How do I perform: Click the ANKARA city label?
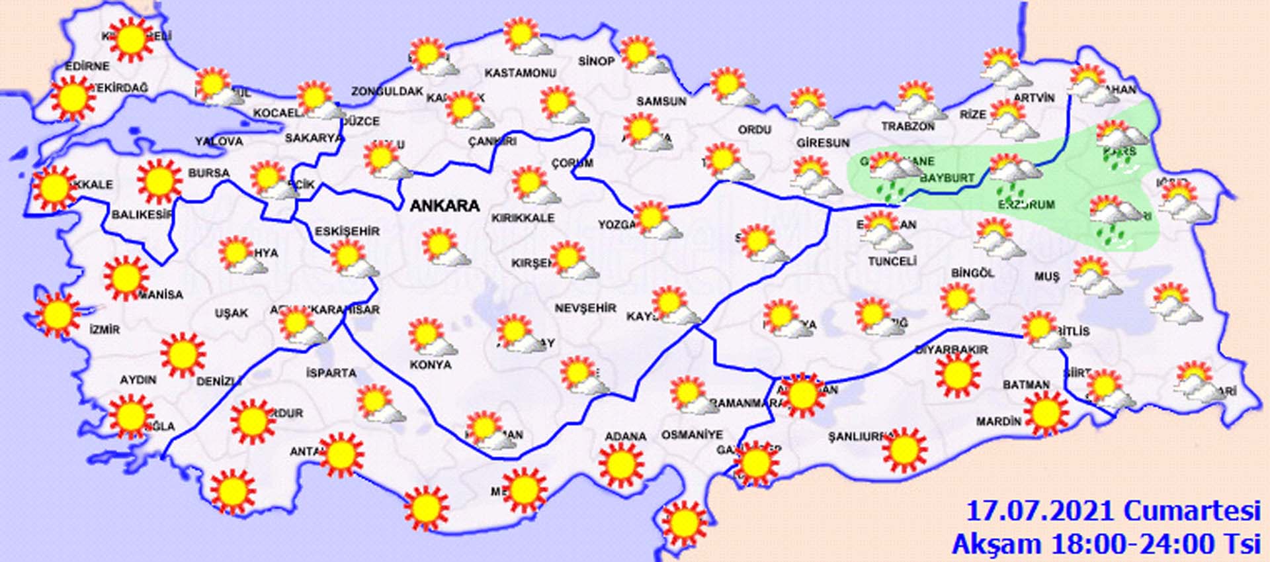pos(444,206)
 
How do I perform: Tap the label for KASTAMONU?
pos(520,73)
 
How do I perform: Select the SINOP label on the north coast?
pos(596,62)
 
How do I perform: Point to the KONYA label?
pos(430,365)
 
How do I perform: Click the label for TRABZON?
pos(908,126)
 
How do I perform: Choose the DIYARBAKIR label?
pos(951,349)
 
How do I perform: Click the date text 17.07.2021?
pos(1042,512)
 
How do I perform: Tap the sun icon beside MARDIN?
pos(1045,413)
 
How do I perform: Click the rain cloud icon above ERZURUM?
pos(1009,173)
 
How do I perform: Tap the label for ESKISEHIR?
pos(347,231)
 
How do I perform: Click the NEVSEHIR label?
pos(585,308)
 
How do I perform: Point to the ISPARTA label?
pos(331,373)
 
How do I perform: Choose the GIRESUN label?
pos(822,143)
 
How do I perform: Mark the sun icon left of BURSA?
pos(159,181)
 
